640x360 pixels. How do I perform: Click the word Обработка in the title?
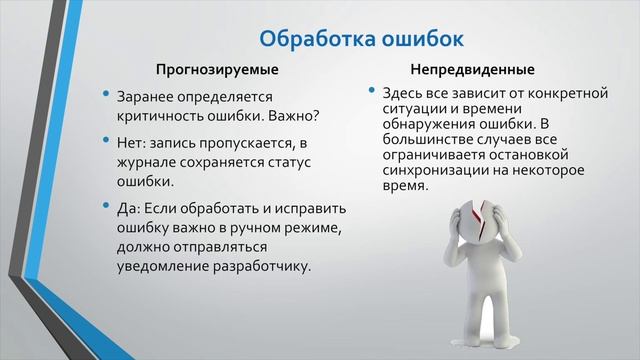tap(315, 39)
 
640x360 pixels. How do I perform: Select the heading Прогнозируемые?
tap(216, 71)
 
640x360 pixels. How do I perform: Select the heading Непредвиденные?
tap(472, 71)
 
